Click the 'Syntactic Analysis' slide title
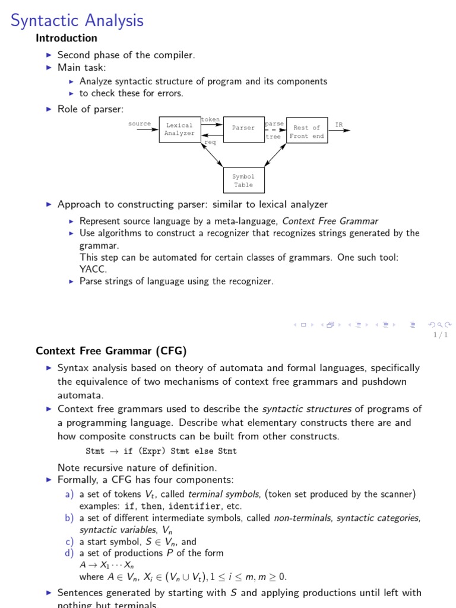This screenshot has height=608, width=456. point(77,20)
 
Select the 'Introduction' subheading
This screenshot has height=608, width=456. point(66,38)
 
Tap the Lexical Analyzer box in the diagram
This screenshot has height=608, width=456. point(179,129)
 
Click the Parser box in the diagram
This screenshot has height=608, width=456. point(243,128)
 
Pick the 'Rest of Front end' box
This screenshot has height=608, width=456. point(306,131)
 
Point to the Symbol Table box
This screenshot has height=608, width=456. point(243,180)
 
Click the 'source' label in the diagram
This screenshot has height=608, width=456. point(140,123)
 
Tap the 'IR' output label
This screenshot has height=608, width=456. point(339,125)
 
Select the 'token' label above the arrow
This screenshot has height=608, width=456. point(210,119)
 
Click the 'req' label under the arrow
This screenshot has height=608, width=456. point(210,142)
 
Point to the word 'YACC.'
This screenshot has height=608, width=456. point(93,268)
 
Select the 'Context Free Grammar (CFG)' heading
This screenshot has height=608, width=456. point(112,351)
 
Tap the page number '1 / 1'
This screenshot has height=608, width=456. point(441,335)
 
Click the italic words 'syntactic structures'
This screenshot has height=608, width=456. point(307,408)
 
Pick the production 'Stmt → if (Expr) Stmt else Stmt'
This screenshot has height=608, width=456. point(161,451)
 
